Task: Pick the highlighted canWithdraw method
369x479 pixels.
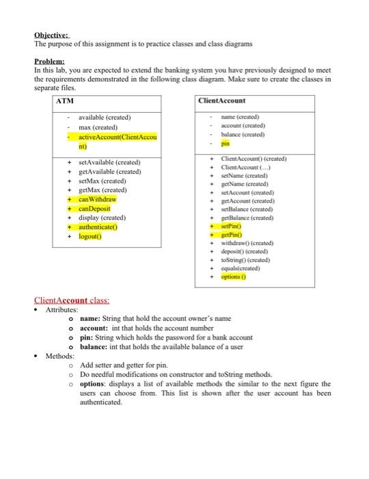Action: click(98, 199)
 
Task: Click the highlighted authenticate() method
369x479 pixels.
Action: click(101, 226)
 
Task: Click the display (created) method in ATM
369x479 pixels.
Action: click(107, 218)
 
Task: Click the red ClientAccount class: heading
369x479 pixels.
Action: click(72, 300)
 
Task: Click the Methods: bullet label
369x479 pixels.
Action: click(60, 356)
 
